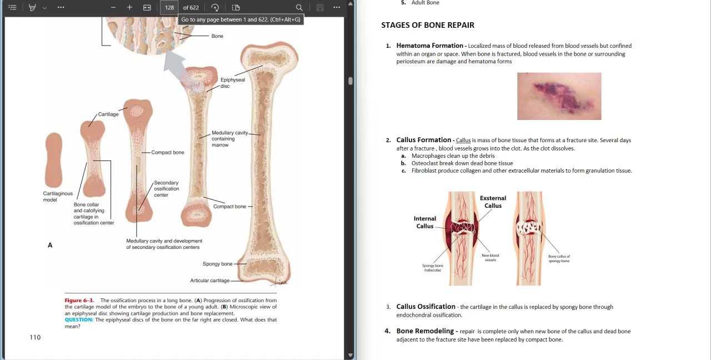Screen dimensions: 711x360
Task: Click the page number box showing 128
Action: (x=169, y=8)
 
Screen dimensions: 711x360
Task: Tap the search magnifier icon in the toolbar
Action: (x=299, y=8)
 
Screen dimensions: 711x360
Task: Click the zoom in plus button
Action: (x=129, y=7)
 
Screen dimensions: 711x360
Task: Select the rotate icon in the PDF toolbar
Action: (x=215, y=8)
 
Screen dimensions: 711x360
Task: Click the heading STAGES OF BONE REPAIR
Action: (x=428, y=25)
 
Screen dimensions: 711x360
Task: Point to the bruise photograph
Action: (x=559, y=96)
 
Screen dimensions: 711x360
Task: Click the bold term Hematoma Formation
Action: (x=430, y=46)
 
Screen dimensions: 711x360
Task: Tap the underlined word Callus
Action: (x=463, y=141)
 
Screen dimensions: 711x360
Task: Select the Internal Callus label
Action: (x=425, y=222)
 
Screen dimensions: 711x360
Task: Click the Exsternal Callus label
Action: (x=493, y=202)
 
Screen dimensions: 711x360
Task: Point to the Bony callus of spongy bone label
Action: (x=559, y=259)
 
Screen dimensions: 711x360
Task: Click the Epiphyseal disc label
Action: (x=233, y=83)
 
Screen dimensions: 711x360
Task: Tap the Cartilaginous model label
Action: (x=58, y=197)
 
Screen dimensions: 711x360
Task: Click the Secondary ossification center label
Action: (x=166, y=189)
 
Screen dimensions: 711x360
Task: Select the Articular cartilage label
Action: (x=209, y=281)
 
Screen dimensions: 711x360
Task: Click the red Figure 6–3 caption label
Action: (x=79, y=301)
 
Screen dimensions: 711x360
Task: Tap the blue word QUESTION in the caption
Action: (x=79, y=319)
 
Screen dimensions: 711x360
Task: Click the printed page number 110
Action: (x=35, y=337)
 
